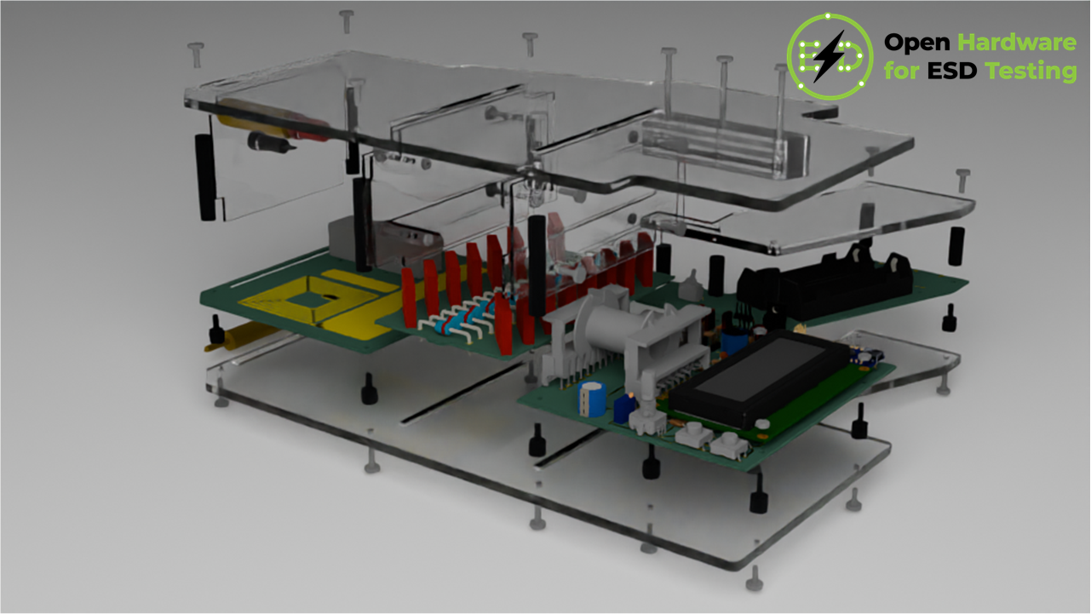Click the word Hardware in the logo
(x=1017, y=43)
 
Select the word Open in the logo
(x=916, y=43)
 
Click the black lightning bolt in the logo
(x=830, y=56)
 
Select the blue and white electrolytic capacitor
(x=592, y=399)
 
